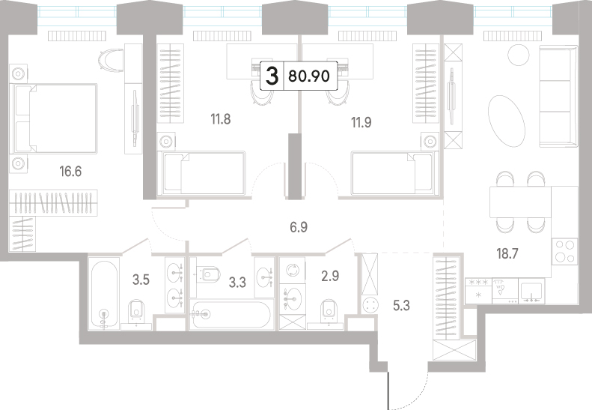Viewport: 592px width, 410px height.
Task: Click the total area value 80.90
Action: pos(309,76)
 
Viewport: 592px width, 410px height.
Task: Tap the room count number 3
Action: pos(272,76)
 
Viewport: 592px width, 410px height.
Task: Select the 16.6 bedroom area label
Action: pos(70,172)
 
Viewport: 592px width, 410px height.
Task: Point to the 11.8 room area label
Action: pos(221,119)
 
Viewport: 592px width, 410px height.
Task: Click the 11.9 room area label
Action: pos(361,122)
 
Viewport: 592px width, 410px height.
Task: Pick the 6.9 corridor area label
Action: pos(299,227)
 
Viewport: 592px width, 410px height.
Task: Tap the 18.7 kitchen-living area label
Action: pos(507,254)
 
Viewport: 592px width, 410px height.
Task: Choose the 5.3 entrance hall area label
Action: pos(401,305)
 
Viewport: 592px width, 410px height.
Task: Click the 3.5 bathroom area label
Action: pos(141,280)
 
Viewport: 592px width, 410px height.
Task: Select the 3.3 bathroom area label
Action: pos(237,282)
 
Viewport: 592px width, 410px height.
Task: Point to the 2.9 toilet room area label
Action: pos(330,277)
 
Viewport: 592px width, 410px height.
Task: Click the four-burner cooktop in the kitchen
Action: pos(565,251)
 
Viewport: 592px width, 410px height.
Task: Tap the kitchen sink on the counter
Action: pos(531,292)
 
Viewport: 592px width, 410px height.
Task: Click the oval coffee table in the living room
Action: pos(506,118)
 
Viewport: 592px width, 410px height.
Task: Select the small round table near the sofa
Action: pos(519,55)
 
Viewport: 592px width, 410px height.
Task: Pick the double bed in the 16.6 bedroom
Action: pos(55,118)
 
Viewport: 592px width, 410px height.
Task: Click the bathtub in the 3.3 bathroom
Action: pos(231,315)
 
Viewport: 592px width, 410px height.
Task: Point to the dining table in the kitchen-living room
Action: pos(520,202)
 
